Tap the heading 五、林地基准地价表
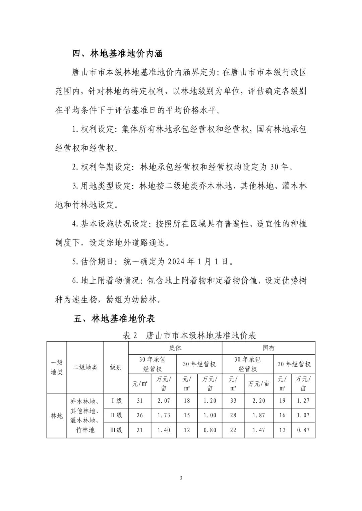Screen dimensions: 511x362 pos(114,318)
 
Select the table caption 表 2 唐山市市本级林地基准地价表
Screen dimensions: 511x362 pos(189,336)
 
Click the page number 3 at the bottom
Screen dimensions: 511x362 pos(181,478)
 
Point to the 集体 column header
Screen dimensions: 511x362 pos(175,348)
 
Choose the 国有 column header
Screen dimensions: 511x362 pos(268,348)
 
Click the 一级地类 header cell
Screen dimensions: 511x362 pos(57,367)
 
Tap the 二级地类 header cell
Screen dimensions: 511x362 pos(85,367)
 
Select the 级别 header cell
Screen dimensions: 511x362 pos(116,367)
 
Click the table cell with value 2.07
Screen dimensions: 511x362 pos(164,400)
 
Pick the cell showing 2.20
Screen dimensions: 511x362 pos(258,400)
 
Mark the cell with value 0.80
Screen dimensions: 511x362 pos(210,430)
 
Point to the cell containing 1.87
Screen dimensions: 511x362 pos(258,415)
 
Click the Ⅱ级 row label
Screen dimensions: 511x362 pos(116,415)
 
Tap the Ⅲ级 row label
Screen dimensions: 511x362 pos(116,430)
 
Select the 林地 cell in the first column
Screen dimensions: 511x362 pos(57,416)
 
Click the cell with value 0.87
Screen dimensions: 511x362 pos(303,430)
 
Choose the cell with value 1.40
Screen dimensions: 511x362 pos(164,430)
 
